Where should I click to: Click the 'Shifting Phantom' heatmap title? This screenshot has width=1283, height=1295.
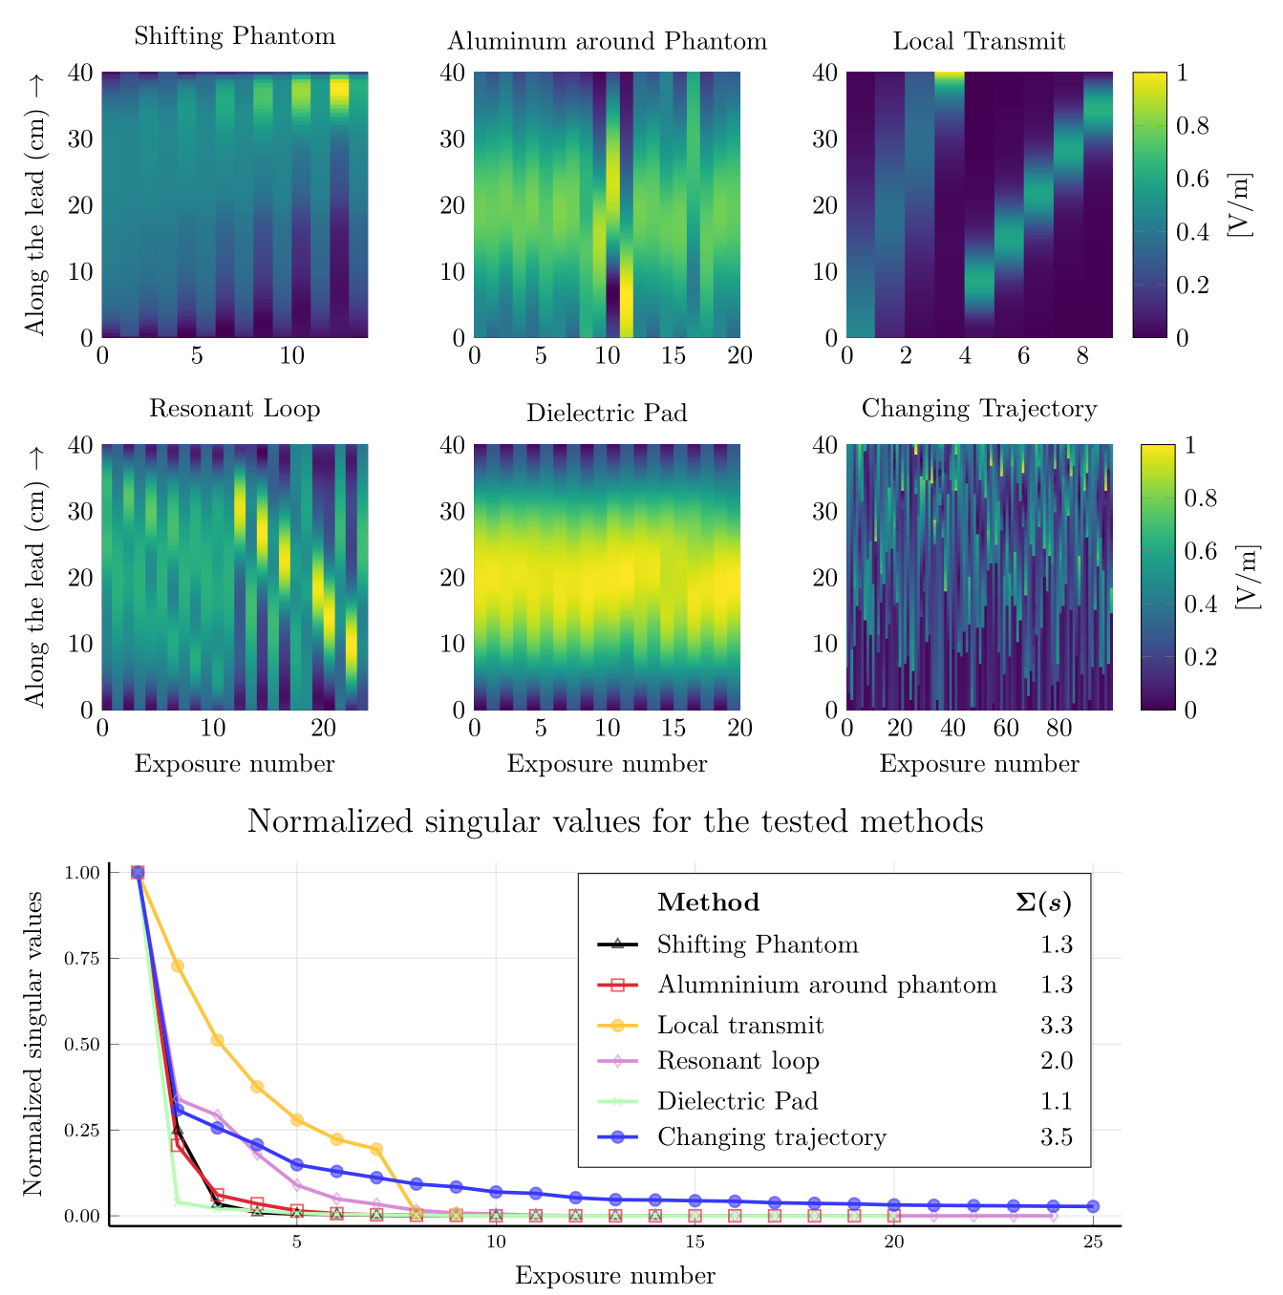(235, 36)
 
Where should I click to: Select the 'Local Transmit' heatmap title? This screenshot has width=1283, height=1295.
(979, 41)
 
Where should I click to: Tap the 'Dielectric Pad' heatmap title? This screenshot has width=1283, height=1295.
(607, 414)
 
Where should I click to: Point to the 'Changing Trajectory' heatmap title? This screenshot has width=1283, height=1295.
(979, 409)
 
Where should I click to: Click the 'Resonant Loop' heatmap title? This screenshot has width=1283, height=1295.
(235, 409)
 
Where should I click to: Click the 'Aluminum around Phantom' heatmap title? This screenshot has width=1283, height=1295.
(607, 41)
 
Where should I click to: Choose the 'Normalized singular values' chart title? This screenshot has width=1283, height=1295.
(615, 821)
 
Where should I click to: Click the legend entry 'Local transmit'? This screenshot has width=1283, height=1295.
(740, 1026)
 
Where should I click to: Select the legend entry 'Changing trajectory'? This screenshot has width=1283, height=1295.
(772, 1137)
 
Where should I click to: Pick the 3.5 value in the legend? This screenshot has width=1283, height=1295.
(1057, 1137)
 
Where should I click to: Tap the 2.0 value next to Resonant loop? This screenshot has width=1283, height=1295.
(1057, 1061)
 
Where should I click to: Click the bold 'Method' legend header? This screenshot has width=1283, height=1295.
(709, 902)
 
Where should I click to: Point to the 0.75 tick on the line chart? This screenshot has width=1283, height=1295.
(83, 958)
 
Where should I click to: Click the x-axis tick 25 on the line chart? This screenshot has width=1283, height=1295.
(1093, 1242)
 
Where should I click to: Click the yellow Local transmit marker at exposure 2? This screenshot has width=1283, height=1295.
(177, 966)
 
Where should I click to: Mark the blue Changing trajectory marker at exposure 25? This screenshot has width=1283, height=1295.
(1093, 1206)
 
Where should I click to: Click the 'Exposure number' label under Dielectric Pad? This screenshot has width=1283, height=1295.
(607, 764)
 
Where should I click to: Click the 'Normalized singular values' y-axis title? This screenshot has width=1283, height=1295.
(33, 1043)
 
